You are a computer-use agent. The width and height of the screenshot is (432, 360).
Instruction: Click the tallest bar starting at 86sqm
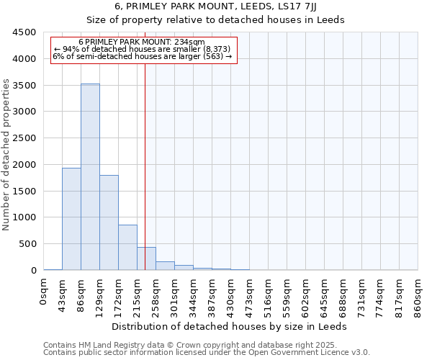[90, 176]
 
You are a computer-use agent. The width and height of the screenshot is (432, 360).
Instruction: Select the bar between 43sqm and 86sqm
[71, 219]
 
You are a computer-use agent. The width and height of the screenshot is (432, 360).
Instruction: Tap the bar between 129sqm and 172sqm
[109, 222]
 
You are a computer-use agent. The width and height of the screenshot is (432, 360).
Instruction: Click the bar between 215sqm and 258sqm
[146, 258]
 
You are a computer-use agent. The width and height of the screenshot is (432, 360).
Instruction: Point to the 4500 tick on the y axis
[24, 32]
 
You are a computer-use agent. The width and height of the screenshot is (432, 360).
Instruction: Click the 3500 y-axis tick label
[24, 86]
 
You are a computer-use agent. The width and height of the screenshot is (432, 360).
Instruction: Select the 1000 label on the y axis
[24, 217]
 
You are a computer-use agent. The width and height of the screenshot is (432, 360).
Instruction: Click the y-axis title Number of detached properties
[6, 155]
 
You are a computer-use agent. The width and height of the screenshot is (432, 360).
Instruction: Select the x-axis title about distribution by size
[230, 326]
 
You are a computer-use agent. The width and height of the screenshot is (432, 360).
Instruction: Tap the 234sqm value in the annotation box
[188, 42]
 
